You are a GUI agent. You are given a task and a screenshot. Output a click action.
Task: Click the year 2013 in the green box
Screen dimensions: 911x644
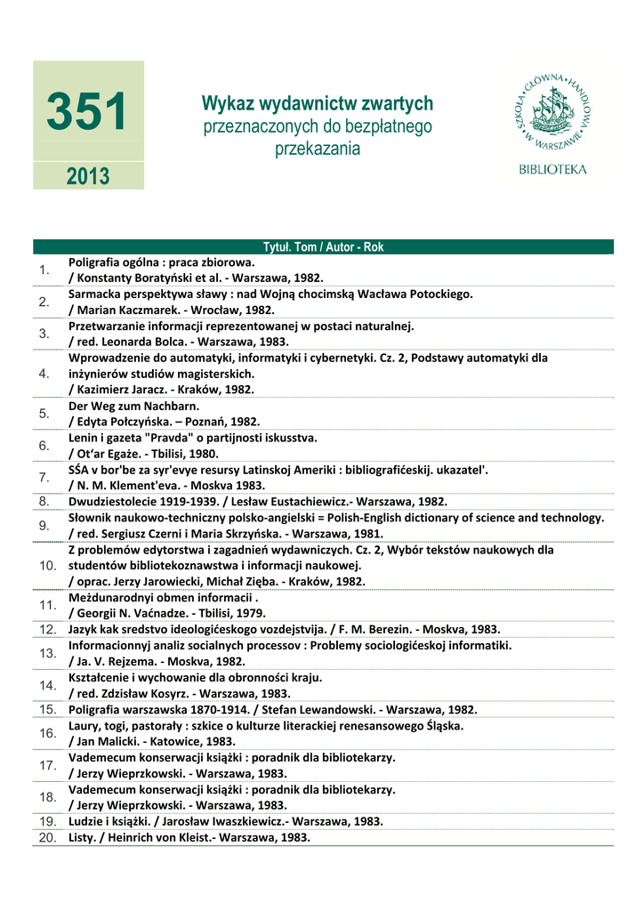tap(87, 176)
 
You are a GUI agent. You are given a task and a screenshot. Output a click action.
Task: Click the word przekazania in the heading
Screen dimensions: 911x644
tap(318, 149)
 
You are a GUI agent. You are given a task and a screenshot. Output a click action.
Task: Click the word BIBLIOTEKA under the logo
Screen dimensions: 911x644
tap(552, 169)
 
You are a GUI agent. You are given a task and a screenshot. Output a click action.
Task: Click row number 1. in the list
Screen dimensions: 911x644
tap(44, 270)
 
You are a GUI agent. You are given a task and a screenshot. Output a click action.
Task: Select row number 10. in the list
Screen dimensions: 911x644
tap(47, 565)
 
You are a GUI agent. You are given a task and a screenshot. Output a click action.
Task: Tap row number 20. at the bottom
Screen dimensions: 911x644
tap(47, 837)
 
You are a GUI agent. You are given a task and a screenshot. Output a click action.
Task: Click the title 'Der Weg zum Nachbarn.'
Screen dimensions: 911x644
tap(133, 406)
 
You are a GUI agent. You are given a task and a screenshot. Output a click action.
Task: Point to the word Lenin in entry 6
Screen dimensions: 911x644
tap(85, 438)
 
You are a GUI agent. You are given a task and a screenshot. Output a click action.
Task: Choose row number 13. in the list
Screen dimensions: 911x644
tap(47, 653)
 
